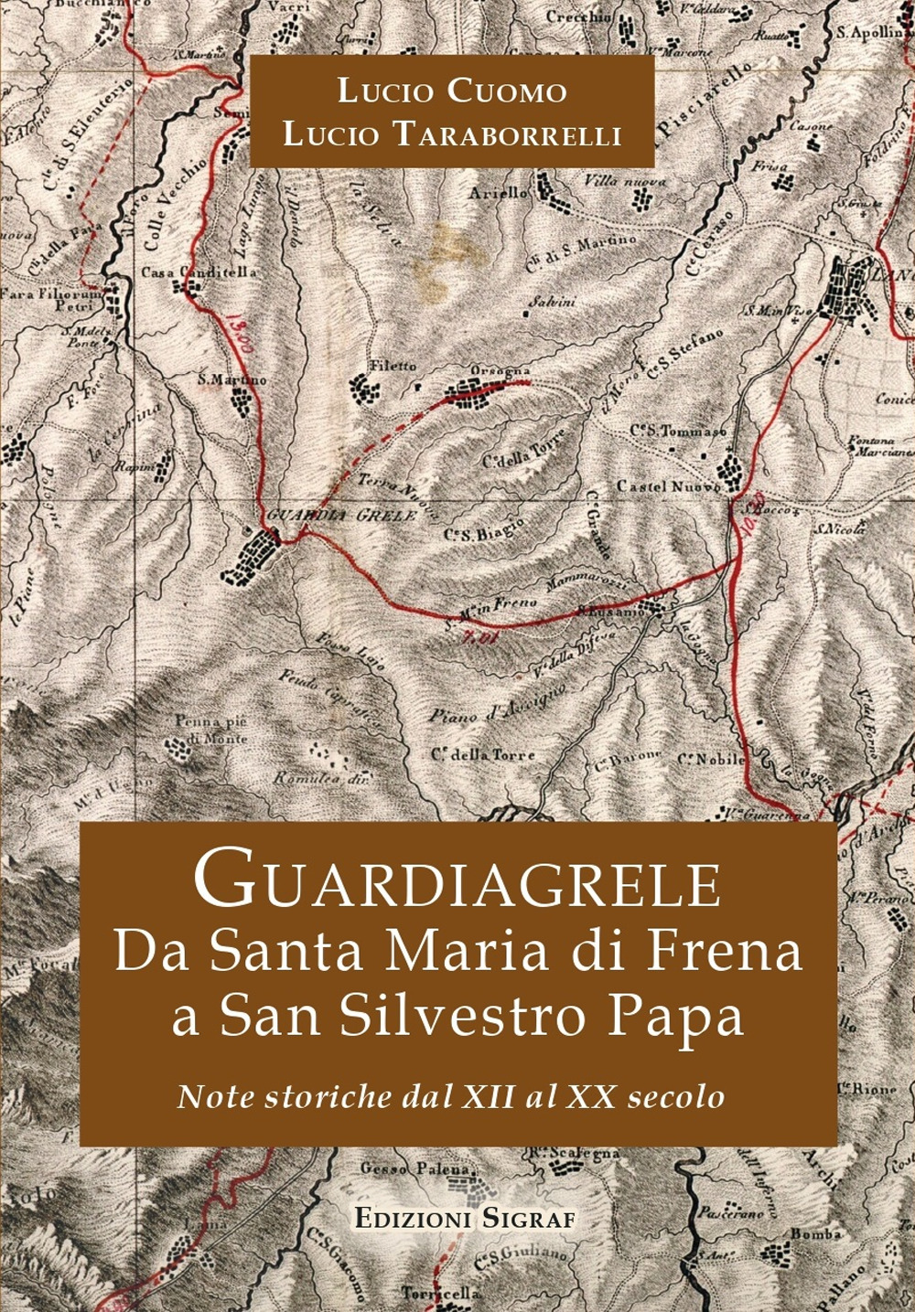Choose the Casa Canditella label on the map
pyautogui.click(x=190, y=272)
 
